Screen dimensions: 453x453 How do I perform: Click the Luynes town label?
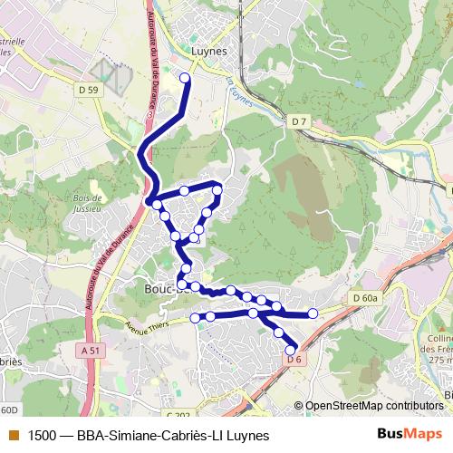[208, 52]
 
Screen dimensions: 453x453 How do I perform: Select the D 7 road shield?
[300, 120]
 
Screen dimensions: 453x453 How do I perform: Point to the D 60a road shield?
[365, 298]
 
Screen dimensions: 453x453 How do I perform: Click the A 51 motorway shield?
[89, 351]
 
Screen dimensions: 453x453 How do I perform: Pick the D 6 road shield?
[293, 360]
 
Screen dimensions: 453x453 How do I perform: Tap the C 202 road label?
[180, 390]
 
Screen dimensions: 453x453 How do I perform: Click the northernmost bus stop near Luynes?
[186, 78]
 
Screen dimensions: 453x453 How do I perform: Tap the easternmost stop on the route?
[313, 313]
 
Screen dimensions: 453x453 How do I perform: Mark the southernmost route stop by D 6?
[291, 350]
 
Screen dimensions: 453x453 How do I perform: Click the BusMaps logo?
[404, 435]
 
